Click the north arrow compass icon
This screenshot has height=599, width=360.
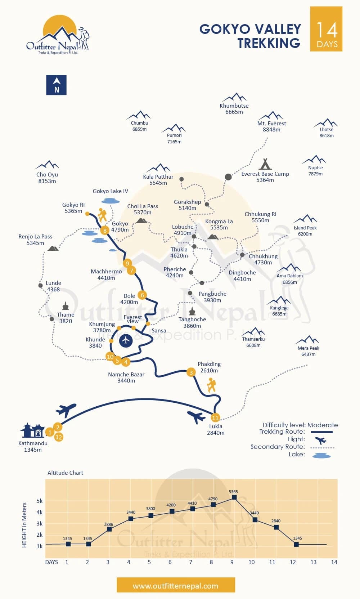tap(56, 85)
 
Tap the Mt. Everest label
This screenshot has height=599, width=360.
tap(271, 126)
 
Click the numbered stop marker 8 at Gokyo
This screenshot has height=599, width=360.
tap(105, 231)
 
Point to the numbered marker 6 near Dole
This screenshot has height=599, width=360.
tap(142, 295)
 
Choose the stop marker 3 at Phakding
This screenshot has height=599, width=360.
tap(191, 372)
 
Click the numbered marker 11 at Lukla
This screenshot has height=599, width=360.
tap(215, 418)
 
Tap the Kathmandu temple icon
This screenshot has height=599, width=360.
tap(32, 430)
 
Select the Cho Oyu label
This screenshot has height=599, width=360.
tap(47, 178)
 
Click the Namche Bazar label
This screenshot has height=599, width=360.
tap(126, 377)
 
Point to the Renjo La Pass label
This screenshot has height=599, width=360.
tap(35, 240)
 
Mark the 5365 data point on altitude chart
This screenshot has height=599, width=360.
tap(234, 497)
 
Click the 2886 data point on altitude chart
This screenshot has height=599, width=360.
tap(109, 529)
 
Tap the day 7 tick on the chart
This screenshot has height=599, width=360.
tap(190, 562)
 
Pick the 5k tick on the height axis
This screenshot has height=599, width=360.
tap(39, 501)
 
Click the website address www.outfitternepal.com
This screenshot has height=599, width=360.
tap(176, 586)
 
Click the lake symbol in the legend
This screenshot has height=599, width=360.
tap(321, 456)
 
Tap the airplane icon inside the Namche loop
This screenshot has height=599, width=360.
tap(126, 340)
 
